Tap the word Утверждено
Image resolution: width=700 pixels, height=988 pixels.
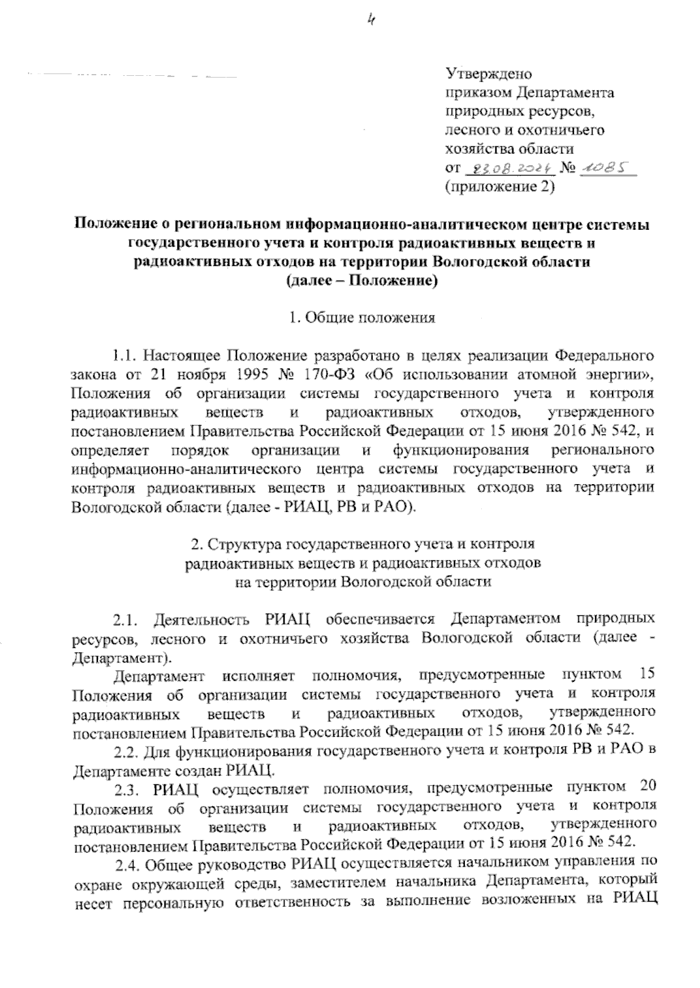click(488, 74)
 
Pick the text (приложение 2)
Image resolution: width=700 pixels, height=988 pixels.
click(499, 187)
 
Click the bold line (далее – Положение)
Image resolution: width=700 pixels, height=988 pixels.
click(362, 281)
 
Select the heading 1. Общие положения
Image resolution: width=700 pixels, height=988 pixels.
click(362, 318)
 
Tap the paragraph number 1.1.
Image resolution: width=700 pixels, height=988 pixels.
click(124, 355)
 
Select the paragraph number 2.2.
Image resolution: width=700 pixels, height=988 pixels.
click(124, 749)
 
